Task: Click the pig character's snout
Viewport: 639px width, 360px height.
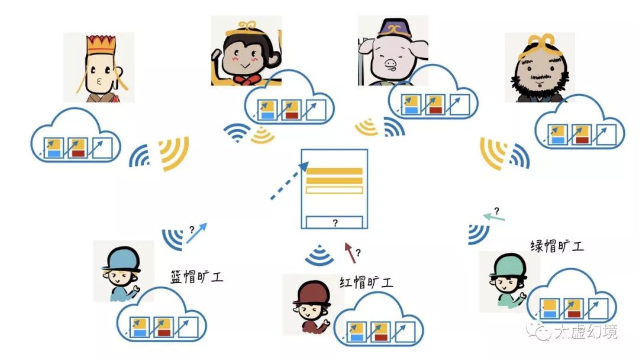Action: tap(390, 62)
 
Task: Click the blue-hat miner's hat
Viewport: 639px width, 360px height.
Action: tap(121, 260)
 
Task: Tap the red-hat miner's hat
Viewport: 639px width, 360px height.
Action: tap(311, 293)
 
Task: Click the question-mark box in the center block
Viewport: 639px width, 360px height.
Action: tap(334, 223)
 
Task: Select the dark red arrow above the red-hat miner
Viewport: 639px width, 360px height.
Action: tap(350, 253)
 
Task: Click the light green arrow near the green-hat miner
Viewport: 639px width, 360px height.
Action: tap(493, 217)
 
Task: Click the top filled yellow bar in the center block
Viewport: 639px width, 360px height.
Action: tap(334, 171)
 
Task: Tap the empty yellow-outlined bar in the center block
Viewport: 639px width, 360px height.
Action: tap(334, 190)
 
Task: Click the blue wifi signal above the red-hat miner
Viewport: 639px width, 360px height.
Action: tap(320, 255)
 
